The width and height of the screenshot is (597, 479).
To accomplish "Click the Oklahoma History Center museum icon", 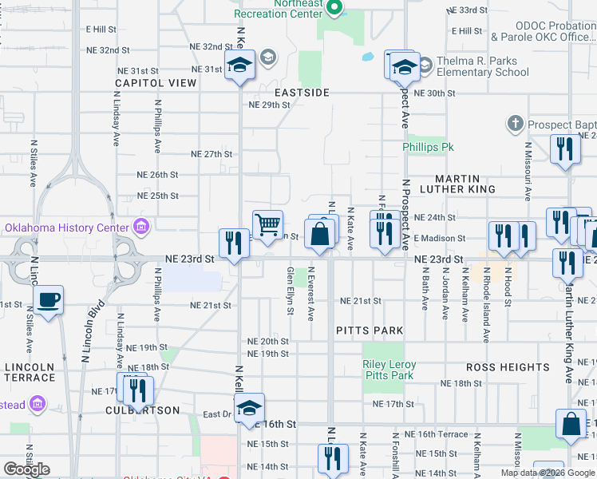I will pyautogui.click(x=142, y=228).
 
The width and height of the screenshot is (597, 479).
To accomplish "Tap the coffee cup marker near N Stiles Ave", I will pyautogui.click(x=48, y=300).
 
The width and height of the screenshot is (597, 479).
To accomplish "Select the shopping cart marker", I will pyautogui.click(x=267, y=224).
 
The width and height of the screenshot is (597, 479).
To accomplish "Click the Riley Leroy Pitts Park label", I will pyautogui.click(x=389, y=370).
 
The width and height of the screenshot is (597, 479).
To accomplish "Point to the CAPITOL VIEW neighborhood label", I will pyautogui.click(x=156, y=83).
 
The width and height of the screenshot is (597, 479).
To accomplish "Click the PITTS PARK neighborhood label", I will pyautogui.click(x=369, y=330).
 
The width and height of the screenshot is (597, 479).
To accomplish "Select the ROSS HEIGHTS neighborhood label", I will pyautogui.click(x=508, y=367).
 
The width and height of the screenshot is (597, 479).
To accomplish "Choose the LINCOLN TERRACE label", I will pyautogui.click(x=30, y=373).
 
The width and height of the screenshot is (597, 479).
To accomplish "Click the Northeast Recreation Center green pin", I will pyautogui.click(x=335, y=10).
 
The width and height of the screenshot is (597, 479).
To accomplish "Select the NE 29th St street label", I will pyautogui.click(x=268, y=105).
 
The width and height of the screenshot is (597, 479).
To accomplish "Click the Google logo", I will pyautogui.click(x=26, y=469).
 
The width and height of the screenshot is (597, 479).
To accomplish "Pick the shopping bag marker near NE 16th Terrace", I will pyautogui.click(x=571, y=426).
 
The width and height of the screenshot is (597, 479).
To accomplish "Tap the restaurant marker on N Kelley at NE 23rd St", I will pyautogui.click(x=234, y=243).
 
